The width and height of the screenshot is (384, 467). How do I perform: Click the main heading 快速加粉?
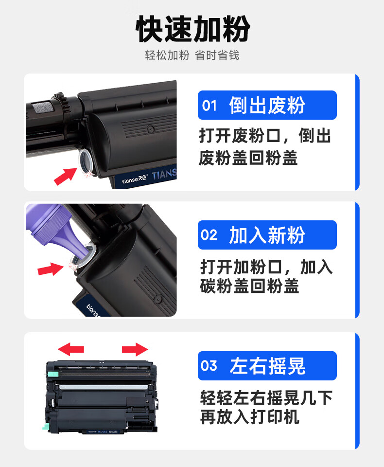tap(192, 29)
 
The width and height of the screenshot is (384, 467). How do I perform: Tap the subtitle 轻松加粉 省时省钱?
tap(192, 55)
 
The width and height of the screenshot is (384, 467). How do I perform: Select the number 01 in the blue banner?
tap(209, 106)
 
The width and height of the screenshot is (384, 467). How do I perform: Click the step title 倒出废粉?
tap(267, 105)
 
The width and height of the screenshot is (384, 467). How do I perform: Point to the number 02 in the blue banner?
tap(209, 235)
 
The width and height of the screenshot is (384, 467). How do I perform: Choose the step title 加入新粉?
tap(267, 235)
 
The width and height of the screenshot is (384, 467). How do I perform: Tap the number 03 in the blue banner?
tap(209, 366)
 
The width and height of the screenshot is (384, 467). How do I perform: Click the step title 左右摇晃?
tap(267, 366)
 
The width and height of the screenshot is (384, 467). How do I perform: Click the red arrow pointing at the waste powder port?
tap(65, 176)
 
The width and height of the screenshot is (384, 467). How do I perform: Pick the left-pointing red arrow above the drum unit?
tap(71, 349)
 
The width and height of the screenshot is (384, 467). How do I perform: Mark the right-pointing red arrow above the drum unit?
tap(135, 349)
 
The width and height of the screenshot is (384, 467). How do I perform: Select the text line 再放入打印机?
tap(249, 417)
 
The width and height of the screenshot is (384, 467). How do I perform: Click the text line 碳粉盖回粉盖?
tap(249, 286)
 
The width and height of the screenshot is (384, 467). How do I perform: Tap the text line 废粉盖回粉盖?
tap(248, 158)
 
